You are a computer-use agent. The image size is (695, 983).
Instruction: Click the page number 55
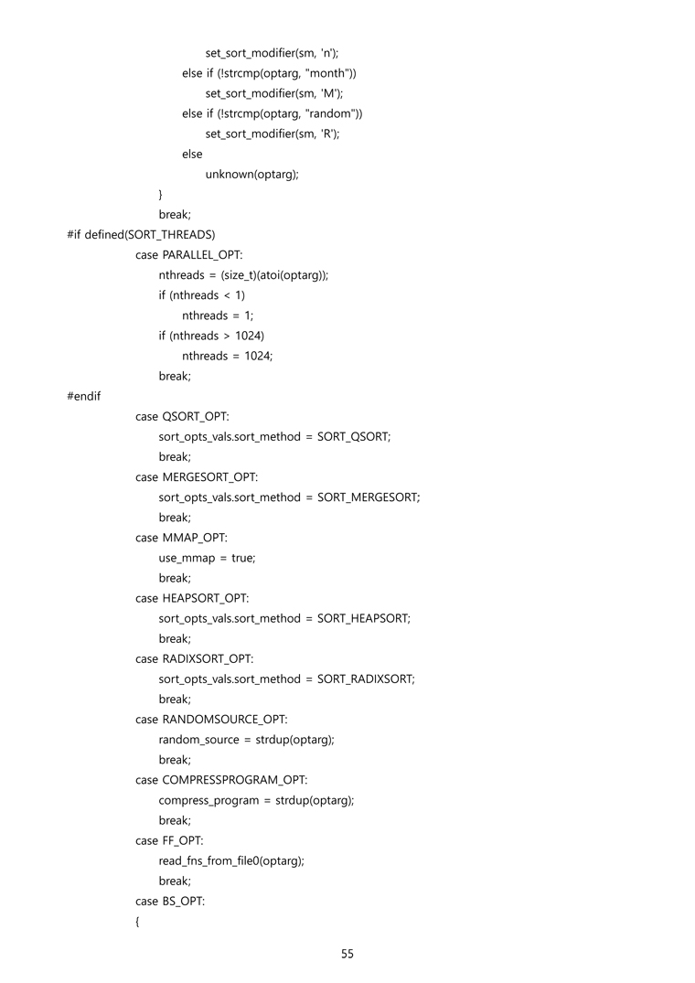tap(347, 954)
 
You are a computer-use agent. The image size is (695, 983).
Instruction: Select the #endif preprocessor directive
tap(84, 396)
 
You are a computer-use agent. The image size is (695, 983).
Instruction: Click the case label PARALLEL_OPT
tap(201, 255)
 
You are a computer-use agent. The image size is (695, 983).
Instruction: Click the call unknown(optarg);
tap(251, 175)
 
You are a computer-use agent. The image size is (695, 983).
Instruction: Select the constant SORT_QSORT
tap(353, 437)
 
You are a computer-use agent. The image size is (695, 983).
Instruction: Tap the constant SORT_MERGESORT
tap(368, 497)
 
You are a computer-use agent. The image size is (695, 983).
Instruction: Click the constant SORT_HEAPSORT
tap(363, 619)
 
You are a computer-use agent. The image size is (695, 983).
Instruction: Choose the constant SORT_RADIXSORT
tap(365, 679)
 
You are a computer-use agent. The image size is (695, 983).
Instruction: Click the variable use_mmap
tap(187, 559)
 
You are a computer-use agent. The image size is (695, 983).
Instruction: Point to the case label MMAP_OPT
tap(194, 538)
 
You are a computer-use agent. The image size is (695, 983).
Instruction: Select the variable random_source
tap(198, 741)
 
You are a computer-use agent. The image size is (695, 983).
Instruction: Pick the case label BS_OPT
tap(182, 902)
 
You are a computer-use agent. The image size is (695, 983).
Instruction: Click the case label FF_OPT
tap(182, 840)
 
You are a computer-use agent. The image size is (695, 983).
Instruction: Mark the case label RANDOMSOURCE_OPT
tap(224, 720)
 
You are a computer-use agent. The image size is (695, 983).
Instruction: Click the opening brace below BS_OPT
tap(137, 922)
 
